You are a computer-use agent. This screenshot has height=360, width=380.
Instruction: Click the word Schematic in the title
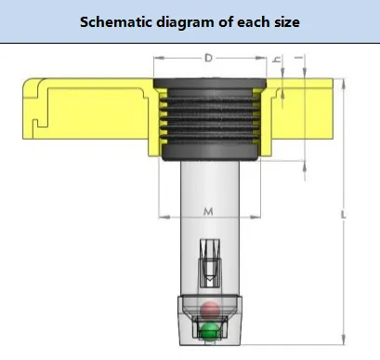[x=116, y=22]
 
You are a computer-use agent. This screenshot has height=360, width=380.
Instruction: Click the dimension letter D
[x=208, y=58]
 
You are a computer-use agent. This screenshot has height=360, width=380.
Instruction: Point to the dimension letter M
[x=208, y=212]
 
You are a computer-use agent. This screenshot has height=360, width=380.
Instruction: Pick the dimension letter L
[x=343, y=215]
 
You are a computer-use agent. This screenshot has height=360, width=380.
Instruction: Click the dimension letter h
[x=276, y=59]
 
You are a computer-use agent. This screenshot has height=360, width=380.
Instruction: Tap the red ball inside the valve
[x=210, y=310]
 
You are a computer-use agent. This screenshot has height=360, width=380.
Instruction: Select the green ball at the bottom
[x=209, y=331]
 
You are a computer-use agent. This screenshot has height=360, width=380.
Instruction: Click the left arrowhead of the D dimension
[x=159, y=58]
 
